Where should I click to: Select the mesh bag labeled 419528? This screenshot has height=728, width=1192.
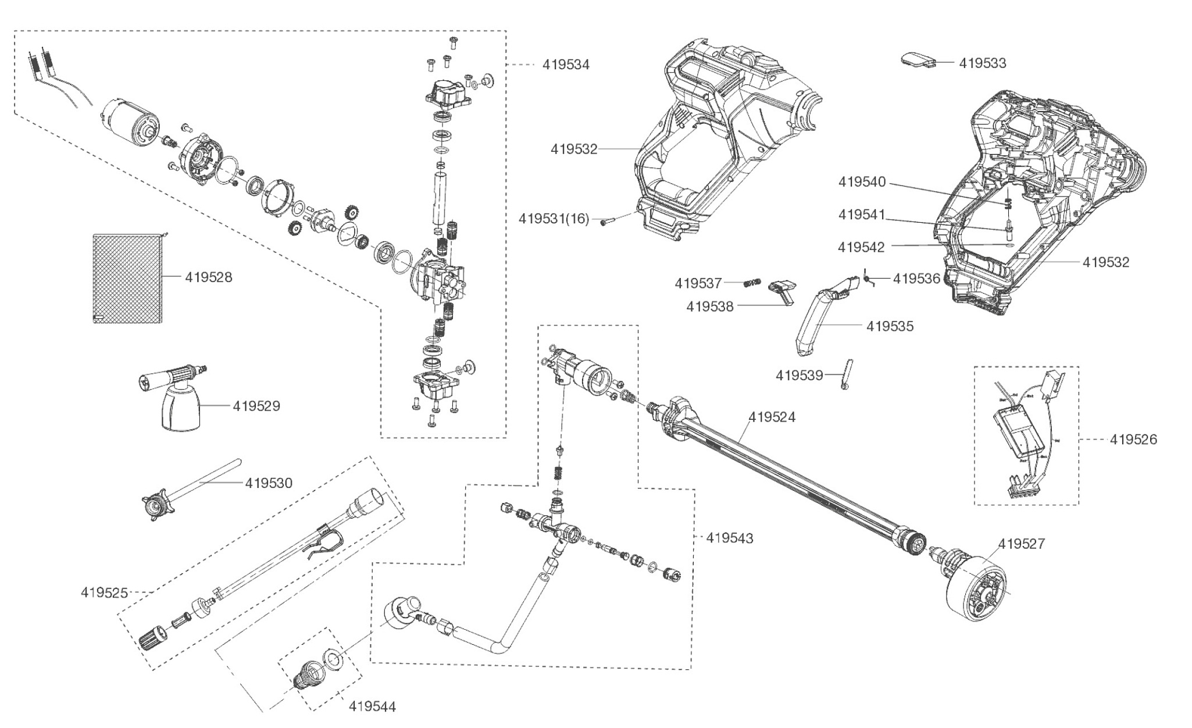[127, 278]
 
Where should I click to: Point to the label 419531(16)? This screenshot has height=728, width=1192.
[554, 219]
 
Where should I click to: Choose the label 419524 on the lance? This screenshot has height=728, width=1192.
[772, 417]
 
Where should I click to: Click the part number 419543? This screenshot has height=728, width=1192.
[729, 538]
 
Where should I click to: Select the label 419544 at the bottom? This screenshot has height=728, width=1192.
[372, 706]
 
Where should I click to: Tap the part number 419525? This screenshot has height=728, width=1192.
[104, 593]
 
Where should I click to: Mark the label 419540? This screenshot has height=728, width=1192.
[862, 183]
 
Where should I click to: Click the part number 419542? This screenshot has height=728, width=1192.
[861, 247]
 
